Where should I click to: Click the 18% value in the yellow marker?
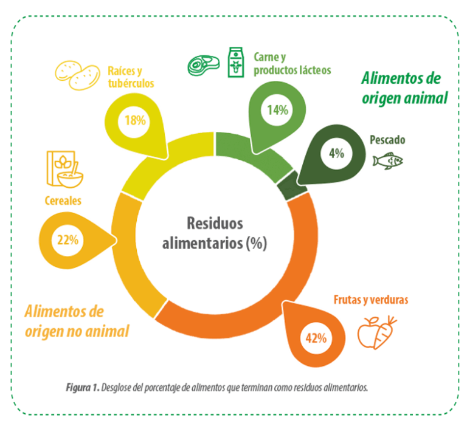135,120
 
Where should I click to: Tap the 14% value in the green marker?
277,110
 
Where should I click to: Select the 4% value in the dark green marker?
336,153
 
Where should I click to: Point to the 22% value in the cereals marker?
68,239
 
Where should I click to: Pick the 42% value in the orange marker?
316,338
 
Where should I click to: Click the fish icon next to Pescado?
388,161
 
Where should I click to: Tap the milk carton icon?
236,62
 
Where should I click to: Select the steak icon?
204,65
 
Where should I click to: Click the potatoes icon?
77,75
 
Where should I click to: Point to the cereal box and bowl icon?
65,170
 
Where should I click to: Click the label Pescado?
387,140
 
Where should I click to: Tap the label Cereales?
63,201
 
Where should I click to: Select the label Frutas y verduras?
371,300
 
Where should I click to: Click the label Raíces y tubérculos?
131,77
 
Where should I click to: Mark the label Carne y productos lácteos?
292,64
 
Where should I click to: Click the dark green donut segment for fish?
292,186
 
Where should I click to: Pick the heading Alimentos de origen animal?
404,88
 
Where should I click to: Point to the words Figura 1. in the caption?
83,388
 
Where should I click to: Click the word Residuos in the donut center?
215,223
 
